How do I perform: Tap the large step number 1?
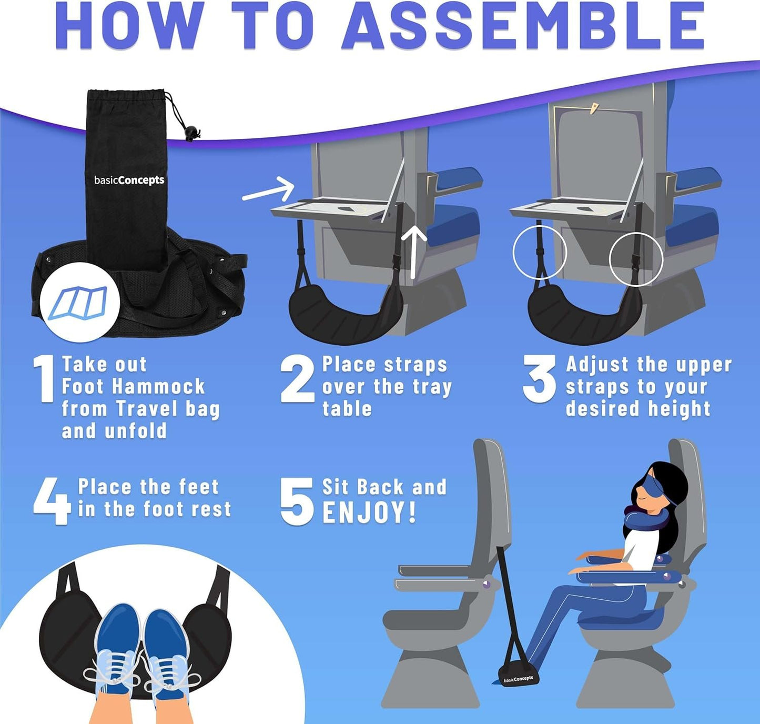tap(44, 379)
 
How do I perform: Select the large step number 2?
tap(297, 379)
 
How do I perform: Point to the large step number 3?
tap(539, 379)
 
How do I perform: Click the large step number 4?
tap(51, 501)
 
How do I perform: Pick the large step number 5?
tap(296, 501)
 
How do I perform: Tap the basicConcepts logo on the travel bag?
tap(129, 180)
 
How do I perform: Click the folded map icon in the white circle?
tap(79, 304)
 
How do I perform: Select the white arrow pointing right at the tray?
tap(269, 189)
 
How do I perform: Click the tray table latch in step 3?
tap(594, 109)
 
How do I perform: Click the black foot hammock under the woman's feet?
tap(518, 675)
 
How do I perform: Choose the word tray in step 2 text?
tap(432, 387)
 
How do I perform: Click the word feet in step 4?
tap(198, 487)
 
